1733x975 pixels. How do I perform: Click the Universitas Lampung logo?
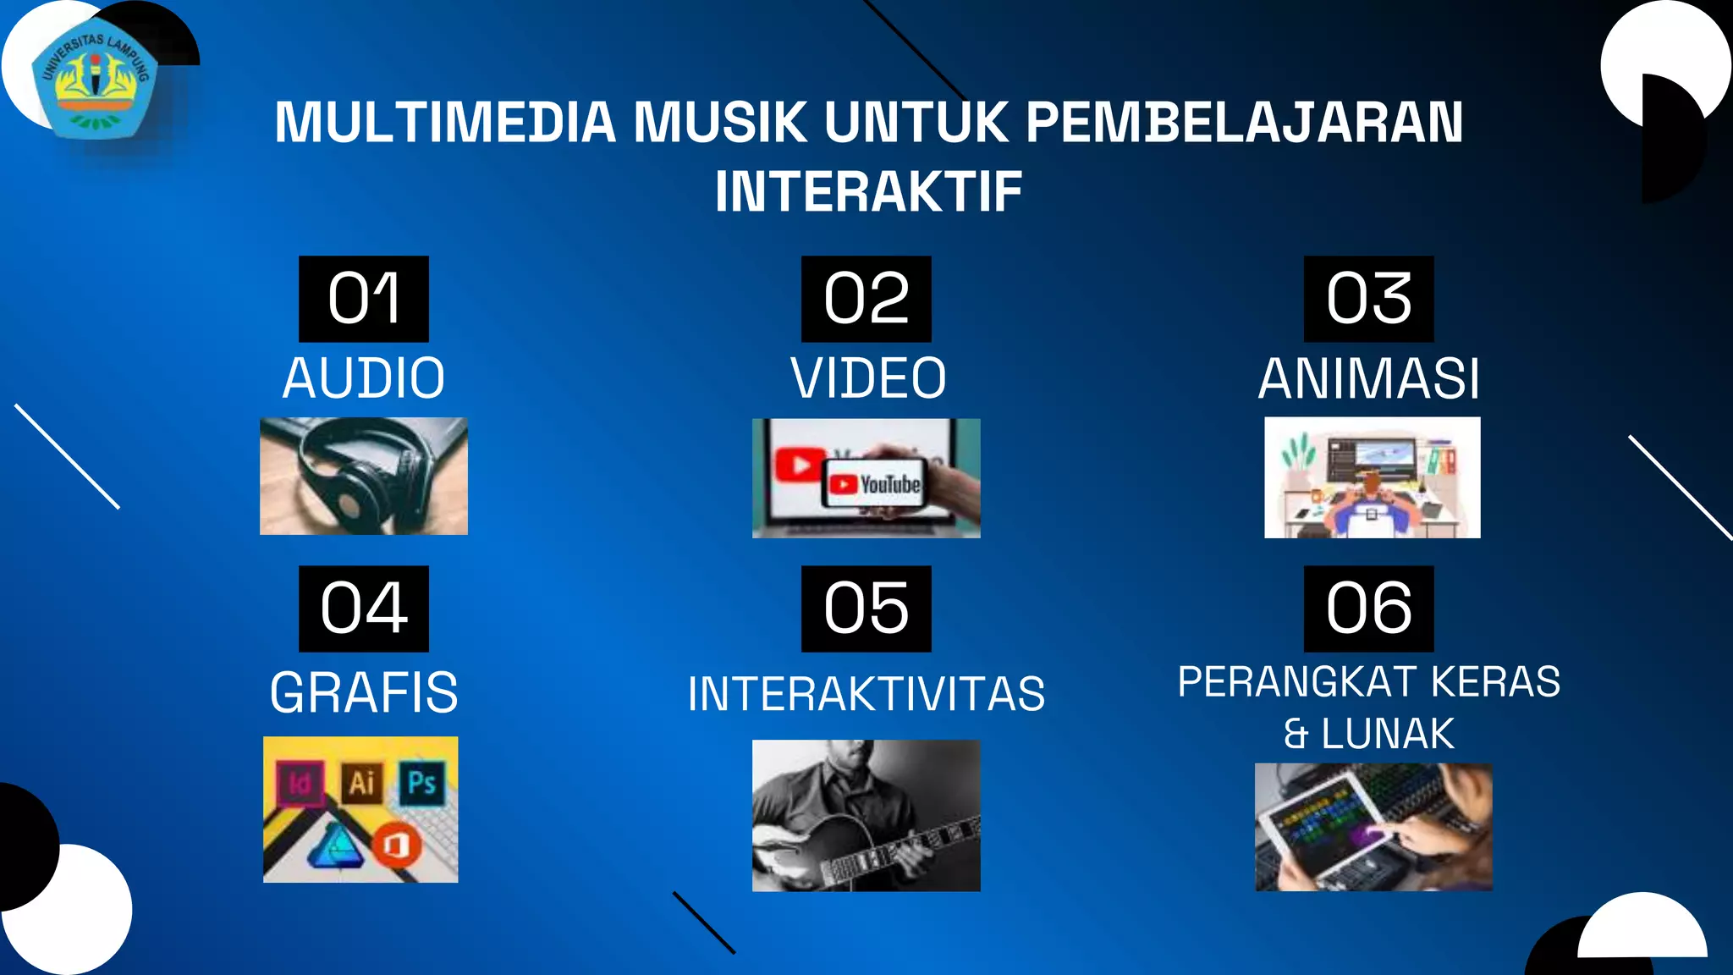[x=96, y=83]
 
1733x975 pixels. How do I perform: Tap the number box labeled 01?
[x=364, y=299]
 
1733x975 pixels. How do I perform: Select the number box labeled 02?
[x=866, y=299]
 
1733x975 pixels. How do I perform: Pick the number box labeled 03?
[x=1368, y=299]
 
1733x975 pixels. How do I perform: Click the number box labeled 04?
[x=364, y=609]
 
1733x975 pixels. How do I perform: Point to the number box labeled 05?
[x=866, y=609]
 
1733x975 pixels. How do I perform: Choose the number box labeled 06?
[x=1368, y=609]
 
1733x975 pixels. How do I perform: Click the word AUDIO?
[x=364, y=378]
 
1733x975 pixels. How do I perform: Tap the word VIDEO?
[x=868, y=378]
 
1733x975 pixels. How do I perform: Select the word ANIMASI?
[x=1369, y=378]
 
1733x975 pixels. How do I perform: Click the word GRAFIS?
[x=364, y=692]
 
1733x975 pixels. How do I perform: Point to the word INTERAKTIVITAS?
[x=866, y=694]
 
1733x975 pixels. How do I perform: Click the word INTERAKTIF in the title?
[x=868, y=191]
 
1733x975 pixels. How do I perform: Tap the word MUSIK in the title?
[x=720, y=123]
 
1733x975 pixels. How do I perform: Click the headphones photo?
[x=364, y=476]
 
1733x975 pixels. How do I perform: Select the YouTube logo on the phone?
[x=875, y=484]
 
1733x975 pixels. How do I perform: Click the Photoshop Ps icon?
[x=421, y=782]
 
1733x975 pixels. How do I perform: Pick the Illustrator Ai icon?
[x=361, y=783]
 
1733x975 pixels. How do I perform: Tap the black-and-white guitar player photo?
[x=866, y=815]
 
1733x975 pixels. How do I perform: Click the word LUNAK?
[x=1388, y=734]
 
